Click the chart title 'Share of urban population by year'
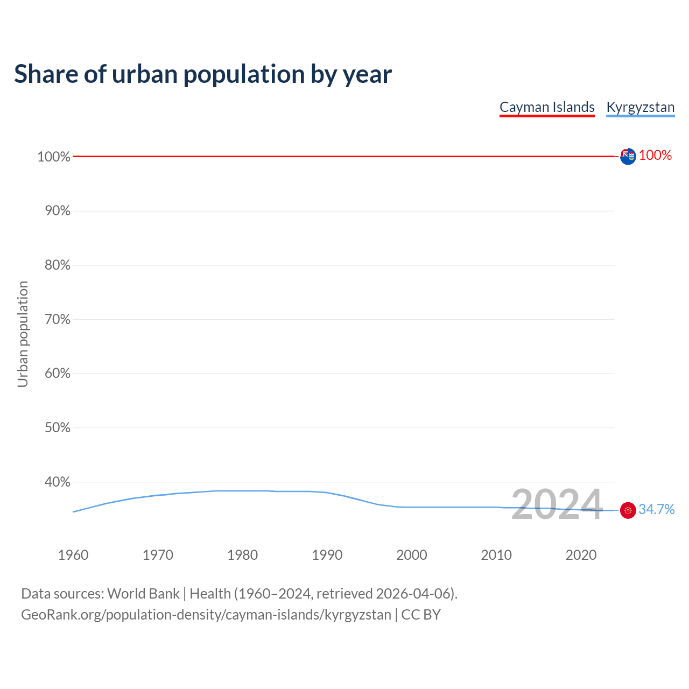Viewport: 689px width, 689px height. coord(203,74)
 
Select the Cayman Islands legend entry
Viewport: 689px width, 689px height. coord(547,107)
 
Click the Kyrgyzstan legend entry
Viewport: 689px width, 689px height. coord(640,107)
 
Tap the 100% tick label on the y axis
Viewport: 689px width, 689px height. coord(54,157)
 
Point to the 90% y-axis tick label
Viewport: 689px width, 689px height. coord(57,211)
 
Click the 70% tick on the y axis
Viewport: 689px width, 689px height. coord(57,319)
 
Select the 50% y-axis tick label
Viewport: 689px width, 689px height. coord(57,428)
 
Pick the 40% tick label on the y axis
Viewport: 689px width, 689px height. coord(57,482)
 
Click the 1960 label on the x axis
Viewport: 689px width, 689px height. coord(73,555)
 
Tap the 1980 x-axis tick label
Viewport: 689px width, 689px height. coord(243,555)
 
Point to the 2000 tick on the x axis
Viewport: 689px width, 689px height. coord(412,555)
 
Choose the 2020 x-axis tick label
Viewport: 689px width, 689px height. coord(581,555)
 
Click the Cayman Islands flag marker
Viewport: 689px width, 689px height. coord(628,157)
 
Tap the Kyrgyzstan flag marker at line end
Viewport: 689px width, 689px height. coord(628,510)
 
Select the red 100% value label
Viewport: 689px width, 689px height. coord(655,156)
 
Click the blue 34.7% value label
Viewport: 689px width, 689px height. coord(656,510)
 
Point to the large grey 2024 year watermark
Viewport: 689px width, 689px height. coord(557,504)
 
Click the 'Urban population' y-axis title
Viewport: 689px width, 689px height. coord(23,334)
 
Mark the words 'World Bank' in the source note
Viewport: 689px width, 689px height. coord(143,594)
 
